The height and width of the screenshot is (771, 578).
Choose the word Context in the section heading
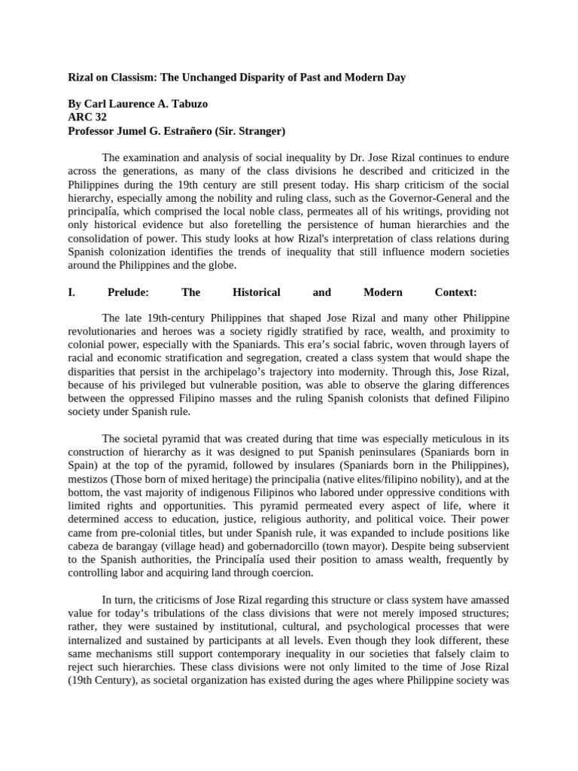[x=456, y=292]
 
